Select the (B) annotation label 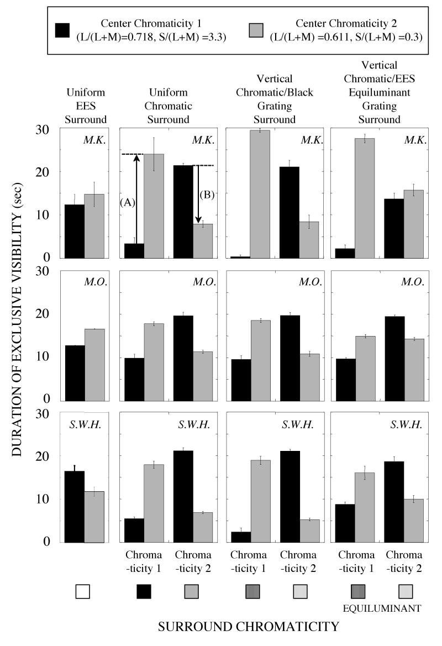[207, 195]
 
